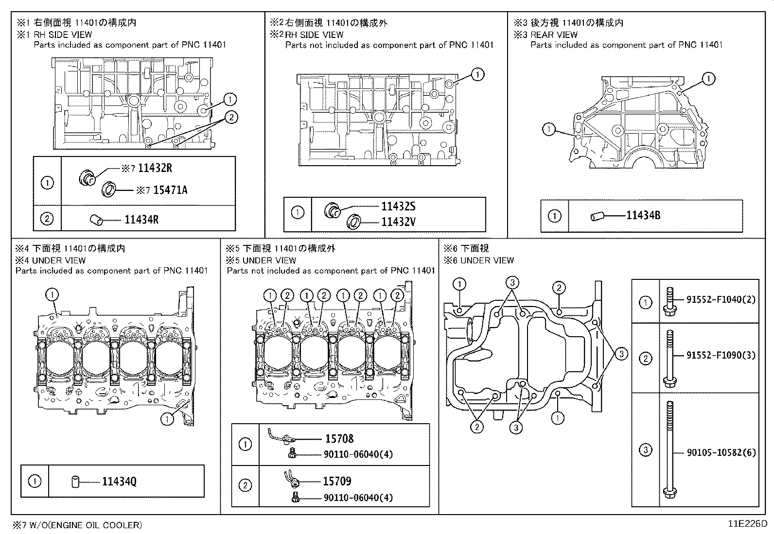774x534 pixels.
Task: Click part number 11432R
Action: pyautogui.click(x=155, y=168)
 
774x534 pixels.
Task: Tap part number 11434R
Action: pyautogui.click(x=141, y=220)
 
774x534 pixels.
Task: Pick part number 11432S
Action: pyautogui.click(x=398, y=207)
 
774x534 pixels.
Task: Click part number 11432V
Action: pyautogui.click(x=398, y=222)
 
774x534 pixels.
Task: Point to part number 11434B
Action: pyautogui.click(x=643, y=215)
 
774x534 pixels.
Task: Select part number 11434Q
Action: pyautogui.click(x=119, y=482)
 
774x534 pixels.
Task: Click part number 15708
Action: pyautogui.click(x=339, y=439)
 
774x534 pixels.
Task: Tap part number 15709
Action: pyautogui.click(x=337, y=481)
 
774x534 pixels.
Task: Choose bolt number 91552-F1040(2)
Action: pyautogui.click(x=721, y=299)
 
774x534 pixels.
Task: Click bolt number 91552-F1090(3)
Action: pyautogui.click(x=721, y=355)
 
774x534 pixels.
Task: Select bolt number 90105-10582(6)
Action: pyautogui.click(x=721, y=452)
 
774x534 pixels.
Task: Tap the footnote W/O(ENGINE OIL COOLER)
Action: pyautogui.click(x=78, y=525)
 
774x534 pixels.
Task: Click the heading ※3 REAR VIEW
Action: pyautogui.click(x=546, y=34)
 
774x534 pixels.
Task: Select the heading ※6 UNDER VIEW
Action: pyautogui.click(x=478, y=260)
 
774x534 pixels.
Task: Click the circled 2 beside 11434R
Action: pyautogui.click(x=47, y=219)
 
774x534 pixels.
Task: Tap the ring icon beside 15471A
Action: pyautogui.click(x=108, y=189)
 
